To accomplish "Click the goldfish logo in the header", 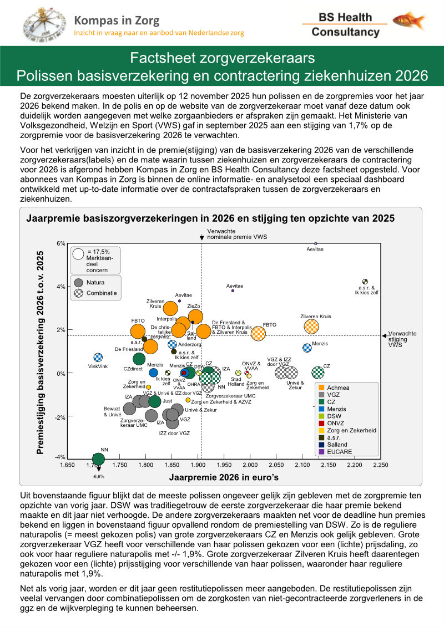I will [409, 21].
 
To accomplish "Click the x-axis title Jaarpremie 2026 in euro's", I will [224, 477].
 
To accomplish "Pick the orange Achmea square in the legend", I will [321, 388].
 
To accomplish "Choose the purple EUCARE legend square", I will [321, 452].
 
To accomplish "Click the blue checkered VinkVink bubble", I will [98, 358].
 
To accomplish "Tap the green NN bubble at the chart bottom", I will [98, 458].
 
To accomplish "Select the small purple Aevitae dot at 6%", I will [316, 243].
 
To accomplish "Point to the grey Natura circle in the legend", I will [78, 282].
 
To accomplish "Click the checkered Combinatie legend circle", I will [78, 293].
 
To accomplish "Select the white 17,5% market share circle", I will [78, 254].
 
